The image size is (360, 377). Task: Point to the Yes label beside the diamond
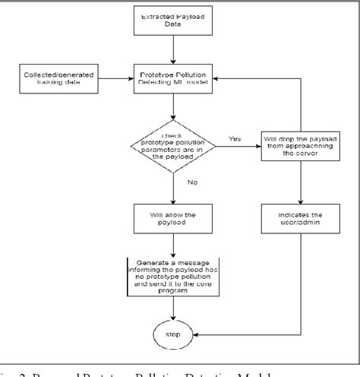(x=235, y=138)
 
